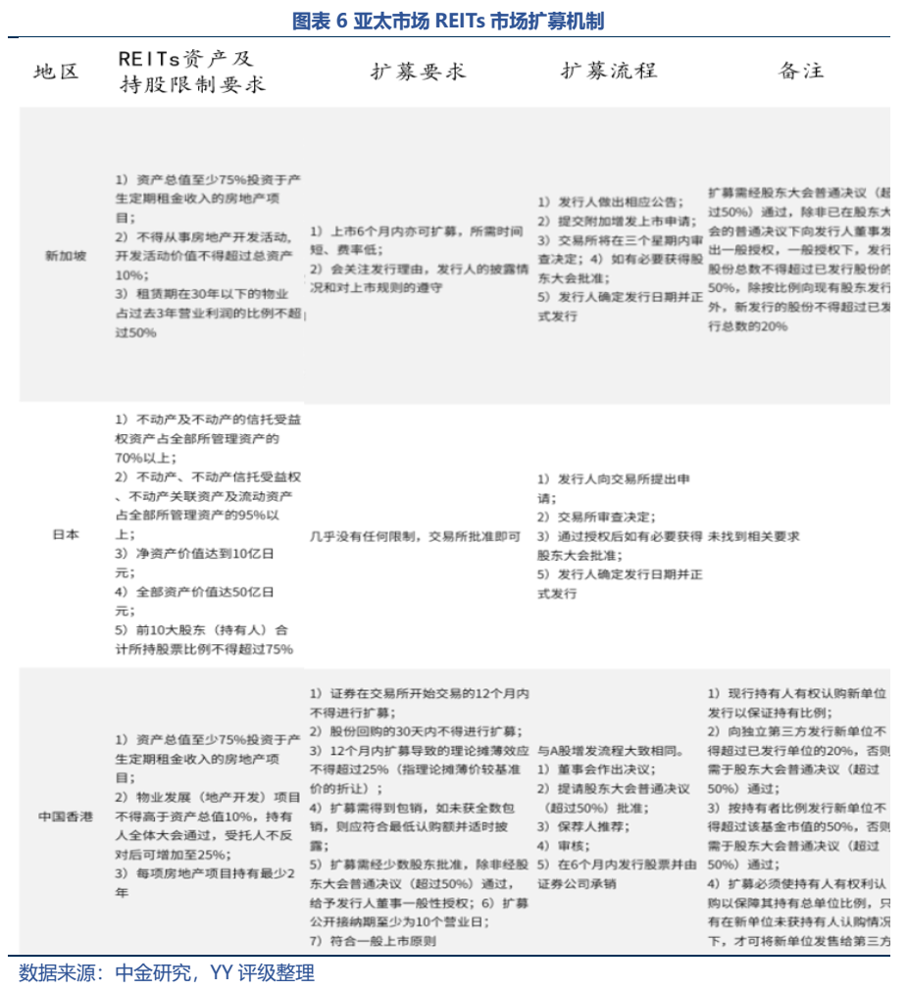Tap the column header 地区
(56, 72)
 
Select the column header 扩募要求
(418, 72)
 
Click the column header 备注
(801, 71)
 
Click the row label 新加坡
(65, 256)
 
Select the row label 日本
(65, 535)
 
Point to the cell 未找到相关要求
(754, 536)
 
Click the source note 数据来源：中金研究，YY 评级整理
(167, 973)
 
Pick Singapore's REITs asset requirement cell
(208, 256)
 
